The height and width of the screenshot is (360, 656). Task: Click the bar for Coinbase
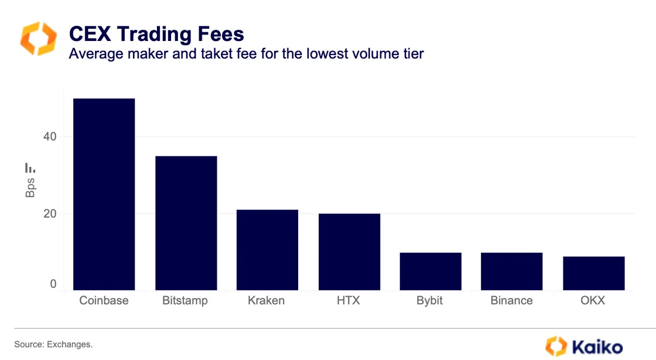click(104, 194)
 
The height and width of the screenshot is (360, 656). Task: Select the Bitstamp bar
click(186, 223)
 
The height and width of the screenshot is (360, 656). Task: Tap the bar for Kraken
click(267, 250)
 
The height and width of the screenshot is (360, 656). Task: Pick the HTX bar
click(349, 252)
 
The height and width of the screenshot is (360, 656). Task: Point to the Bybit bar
click(430, 271)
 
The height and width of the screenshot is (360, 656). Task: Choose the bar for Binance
click(511, 271)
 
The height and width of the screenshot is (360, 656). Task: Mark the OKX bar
click(593, 273)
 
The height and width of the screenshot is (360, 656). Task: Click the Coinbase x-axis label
click(104, 301)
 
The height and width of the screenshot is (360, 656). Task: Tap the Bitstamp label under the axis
click(185, 301)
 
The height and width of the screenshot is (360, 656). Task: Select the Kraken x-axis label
click(266, 301)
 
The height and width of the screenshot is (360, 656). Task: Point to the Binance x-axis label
click(511, 301)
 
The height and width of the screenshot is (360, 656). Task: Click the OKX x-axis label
click(593, 301)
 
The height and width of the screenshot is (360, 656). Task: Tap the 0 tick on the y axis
click(53, 284)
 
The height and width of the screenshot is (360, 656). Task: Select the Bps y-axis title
click(30, 187)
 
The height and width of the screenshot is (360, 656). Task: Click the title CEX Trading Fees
click(156, 34)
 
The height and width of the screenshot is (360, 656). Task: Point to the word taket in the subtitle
click(233, 54)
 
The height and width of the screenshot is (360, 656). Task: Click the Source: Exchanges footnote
click(53, 344)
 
